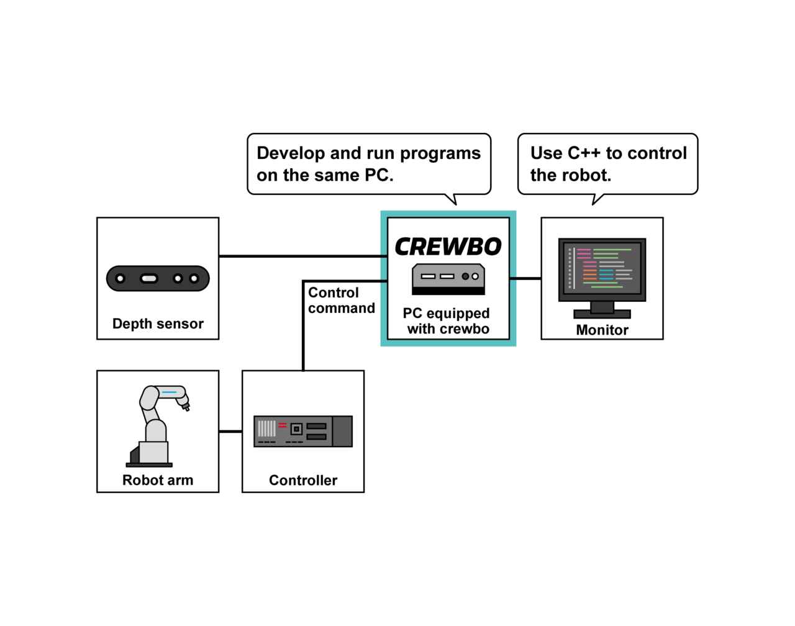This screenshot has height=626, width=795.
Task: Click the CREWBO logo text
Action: pyautogui.click(x=448, y=247)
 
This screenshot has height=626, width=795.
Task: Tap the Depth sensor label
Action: pyautogui.click(x=158, y=324)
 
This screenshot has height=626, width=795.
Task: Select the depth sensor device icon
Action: pyautogui.click(x=158, y=278)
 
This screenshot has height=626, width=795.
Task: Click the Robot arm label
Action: pyautogui.click(x=158, y=480)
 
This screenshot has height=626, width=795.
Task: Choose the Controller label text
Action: pyautogui.click(x=303, y=480)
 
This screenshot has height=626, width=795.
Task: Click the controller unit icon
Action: pyautogui.click(x=303, y=431)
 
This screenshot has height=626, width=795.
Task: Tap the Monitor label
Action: pyautogui.click(x=602, y=330)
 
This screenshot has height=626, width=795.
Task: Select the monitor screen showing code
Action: pyautogui.click(x=602, y=269)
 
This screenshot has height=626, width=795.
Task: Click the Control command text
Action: pyautogui.click(x=341, y=301)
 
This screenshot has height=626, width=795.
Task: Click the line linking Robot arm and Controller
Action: pyautogui.click(x=230, y=431)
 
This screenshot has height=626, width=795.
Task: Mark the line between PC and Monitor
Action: pyautogui.click(x=525, y=278)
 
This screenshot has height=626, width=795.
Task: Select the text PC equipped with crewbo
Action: pyautogui.click(x=447, y=321)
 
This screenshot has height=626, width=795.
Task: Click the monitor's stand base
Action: pyautogui.click(x=602, y=314)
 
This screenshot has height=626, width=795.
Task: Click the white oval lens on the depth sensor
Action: pyautogui.click(x=149, y=278)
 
